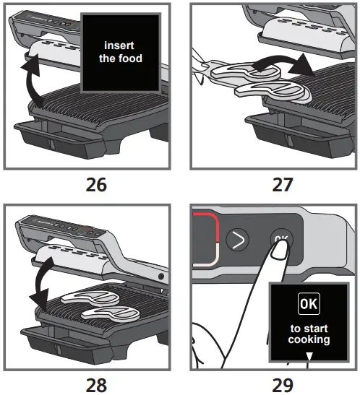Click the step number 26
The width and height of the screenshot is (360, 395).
[x=95, y=184]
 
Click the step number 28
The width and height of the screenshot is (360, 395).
[x=95, y=383]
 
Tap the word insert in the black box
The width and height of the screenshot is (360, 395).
[x=121, y=45]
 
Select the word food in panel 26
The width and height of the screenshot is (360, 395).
[x=131, y=58]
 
